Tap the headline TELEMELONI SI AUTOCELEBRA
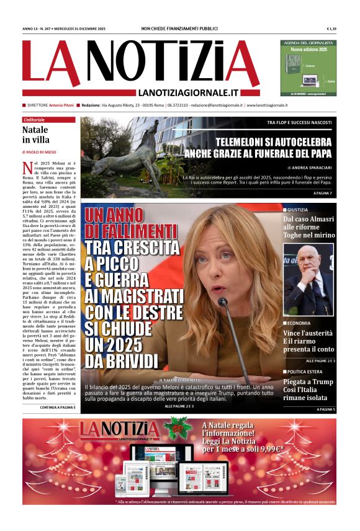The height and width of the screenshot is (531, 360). (274, 141)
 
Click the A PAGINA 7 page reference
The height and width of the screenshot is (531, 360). (323, 194)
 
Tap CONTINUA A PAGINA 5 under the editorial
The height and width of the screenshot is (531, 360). (58, 408)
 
